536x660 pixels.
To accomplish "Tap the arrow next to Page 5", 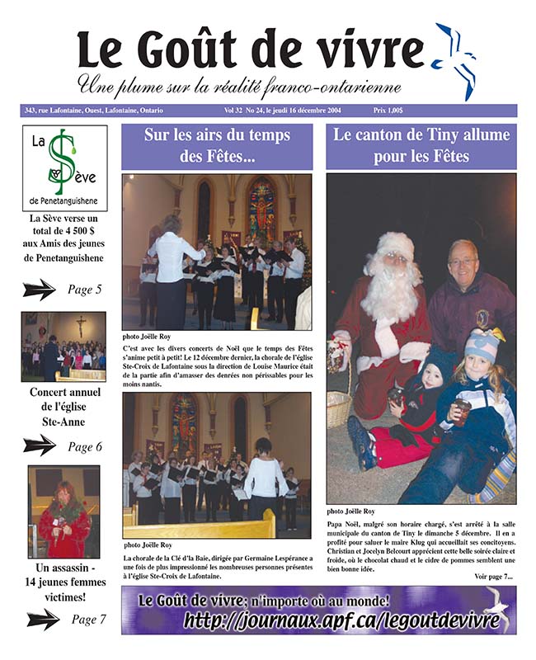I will [x=39, y=290].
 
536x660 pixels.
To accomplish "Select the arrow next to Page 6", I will [x=39, y=445].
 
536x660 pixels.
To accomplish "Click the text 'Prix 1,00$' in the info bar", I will [x=393, y=111].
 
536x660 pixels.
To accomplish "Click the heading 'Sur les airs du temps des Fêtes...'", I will [x=217, y=146].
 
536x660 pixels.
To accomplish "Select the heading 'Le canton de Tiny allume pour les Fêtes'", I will [x=421, y=146].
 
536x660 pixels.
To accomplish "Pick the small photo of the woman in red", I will [x=63, y=511].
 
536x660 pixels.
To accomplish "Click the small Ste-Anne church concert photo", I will [x=63, y=346].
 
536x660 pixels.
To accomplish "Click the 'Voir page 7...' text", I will [x=493, y=575].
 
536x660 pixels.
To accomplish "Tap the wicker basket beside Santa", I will [x=338, y=407].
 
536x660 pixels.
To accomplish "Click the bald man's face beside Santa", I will [x=463, y=266].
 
